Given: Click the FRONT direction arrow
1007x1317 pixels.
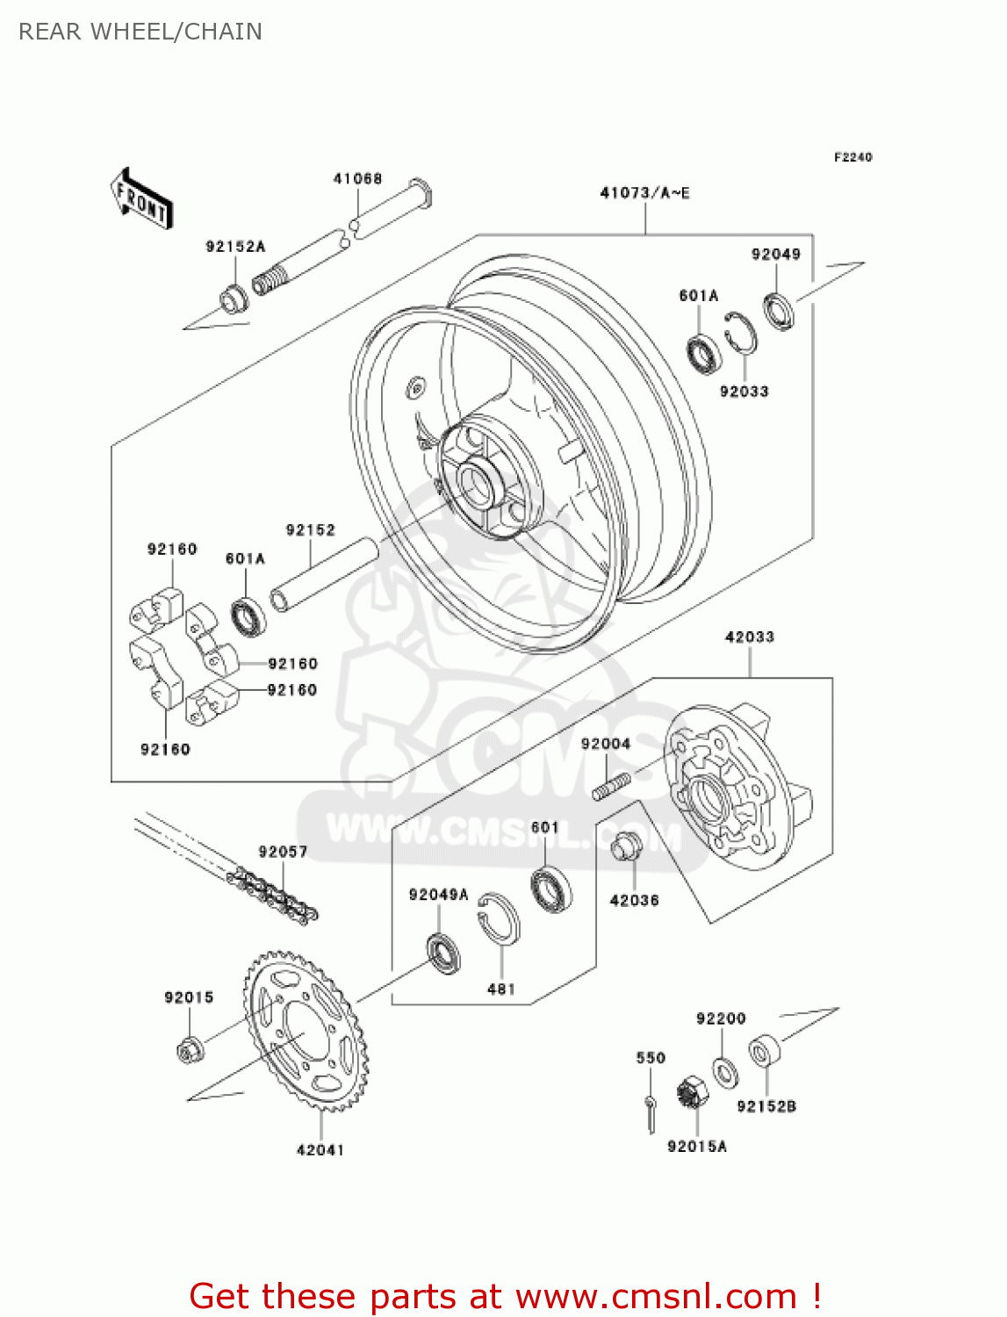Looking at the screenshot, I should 141,198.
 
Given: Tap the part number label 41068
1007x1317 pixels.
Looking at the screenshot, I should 357,179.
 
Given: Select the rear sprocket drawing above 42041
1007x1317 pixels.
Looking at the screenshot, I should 306,1032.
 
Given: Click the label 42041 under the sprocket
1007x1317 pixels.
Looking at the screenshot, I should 320,1150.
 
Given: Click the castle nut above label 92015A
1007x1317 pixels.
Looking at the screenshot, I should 691,1094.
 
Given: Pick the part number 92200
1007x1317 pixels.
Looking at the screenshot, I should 721,1018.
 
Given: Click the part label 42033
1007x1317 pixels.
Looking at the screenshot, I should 750,637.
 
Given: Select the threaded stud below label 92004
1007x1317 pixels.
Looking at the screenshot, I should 610,786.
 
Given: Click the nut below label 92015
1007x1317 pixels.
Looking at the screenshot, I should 189,1049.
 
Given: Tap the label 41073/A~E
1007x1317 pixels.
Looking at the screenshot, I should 644,193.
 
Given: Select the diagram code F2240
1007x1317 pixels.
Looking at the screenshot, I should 852,157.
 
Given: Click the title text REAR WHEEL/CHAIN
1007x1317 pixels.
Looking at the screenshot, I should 140,32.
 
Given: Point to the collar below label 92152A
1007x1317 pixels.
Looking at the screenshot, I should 233,298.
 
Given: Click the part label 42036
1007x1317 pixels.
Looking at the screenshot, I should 634,901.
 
